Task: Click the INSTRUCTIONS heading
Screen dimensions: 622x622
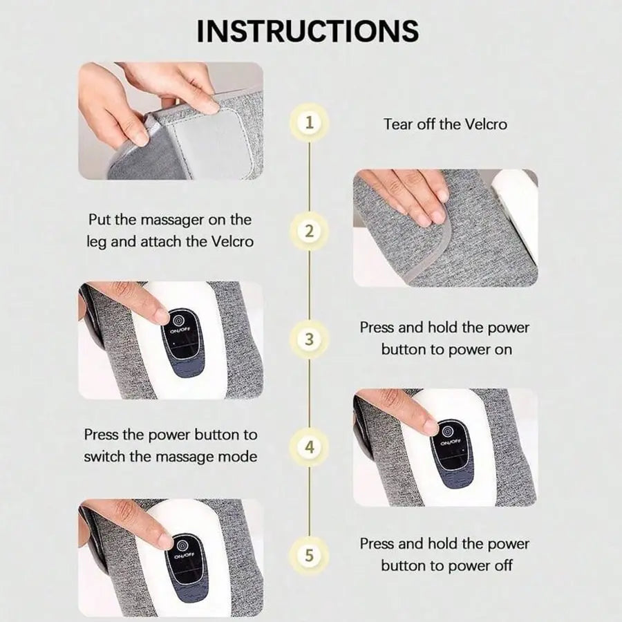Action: pyautogui.click(x=308, y=30)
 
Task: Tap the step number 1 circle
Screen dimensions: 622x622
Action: pyautogui.click(x=310, y=122)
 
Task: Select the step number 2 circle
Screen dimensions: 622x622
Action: pyautogui.click(x=310, y=231)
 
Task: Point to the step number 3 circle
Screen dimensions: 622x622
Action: pyautogui.click(x=310, y=339)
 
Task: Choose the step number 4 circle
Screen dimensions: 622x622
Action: pyautogui.click(x=310, y=447)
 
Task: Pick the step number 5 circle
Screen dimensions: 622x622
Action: pyautogui.click(x=310, y=556)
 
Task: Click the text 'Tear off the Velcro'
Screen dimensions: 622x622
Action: pyautogui.click(x=445, y=124)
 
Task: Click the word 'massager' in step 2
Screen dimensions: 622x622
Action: pyautogui.click(x=173, y=220)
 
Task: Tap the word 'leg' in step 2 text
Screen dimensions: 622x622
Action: pyautogui.click(x=96, y=242)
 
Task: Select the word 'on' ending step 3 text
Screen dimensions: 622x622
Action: pyautogui.click(x=502, y=350)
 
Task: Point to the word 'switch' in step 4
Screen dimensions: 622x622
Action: pyautogui.click(x=104, y=457)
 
